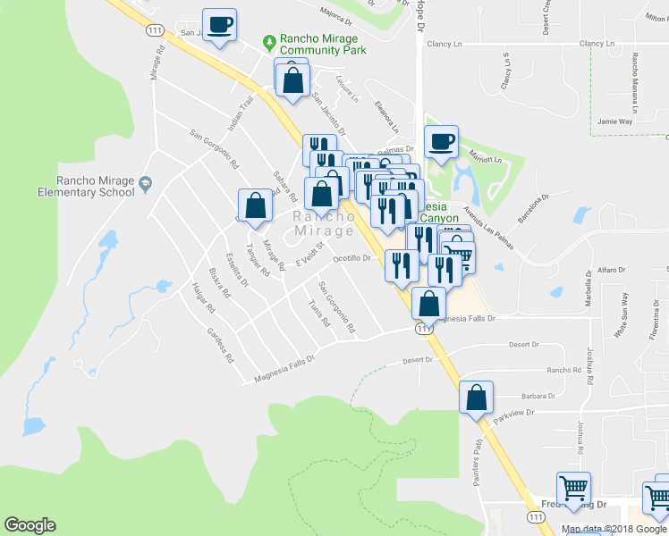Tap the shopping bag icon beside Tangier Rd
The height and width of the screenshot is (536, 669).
click(x=256, y=205)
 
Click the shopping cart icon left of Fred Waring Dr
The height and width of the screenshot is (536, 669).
click(x=573, y=489)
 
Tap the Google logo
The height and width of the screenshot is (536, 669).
click(x=30, y=525)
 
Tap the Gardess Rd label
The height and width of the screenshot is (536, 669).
click(x=219, y=345)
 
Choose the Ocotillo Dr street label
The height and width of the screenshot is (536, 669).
click(x=351, y=258)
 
